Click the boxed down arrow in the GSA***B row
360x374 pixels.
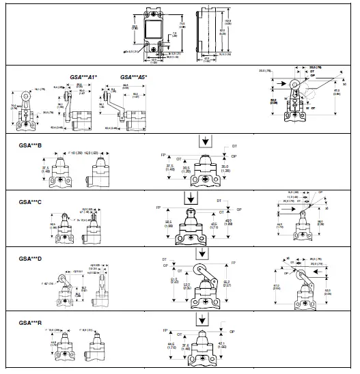coord(204,141)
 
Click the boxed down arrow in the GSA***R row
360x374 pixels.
coord(204,319)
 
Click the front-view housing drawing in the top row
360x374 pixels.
coord(157,32)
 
